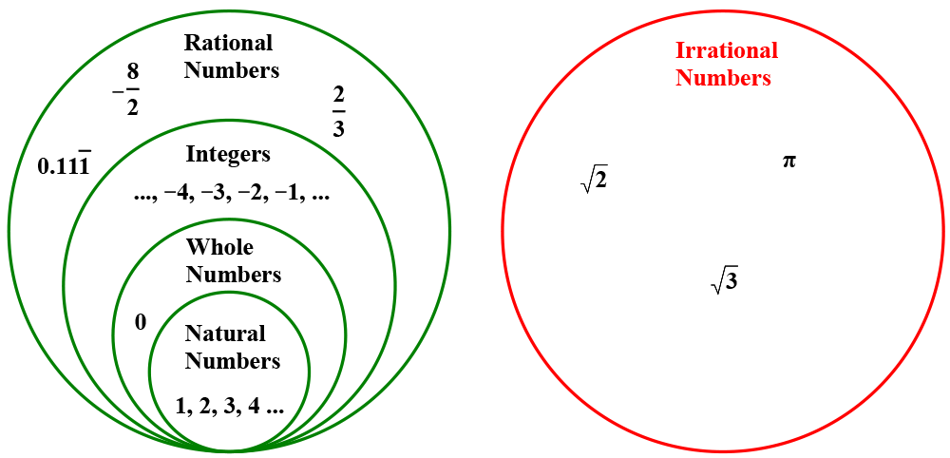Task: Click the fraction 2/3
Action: (x=338, y=112)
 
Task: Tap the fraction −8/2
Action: (x=127, y=89)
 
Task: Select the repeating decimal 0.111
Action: (x=64, y=165)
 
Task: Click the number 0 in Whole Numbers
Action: (x=141, y=323)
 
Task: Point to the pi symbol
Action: (x=788, y=162)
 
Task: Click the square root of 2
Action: (x=594, y=179)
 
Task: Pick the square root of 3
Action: (x=725, y=280)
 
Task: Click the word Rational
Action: (x=228, y=43)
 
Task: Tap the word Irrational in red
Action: (x=726, y=50)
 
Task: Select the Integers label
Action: (x=228, y=154)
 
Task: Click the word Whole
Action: (x=219, y=247)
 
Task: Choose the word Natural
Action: (x=225, y=334)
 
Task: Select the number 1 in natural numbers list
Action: (x=180, y=405)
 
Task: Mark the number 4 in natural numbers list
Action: (x=254, y=405)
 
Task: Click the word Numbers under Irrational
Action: (x=723, y=78)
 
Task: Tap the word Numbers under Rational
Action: (x=232, y=70)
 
